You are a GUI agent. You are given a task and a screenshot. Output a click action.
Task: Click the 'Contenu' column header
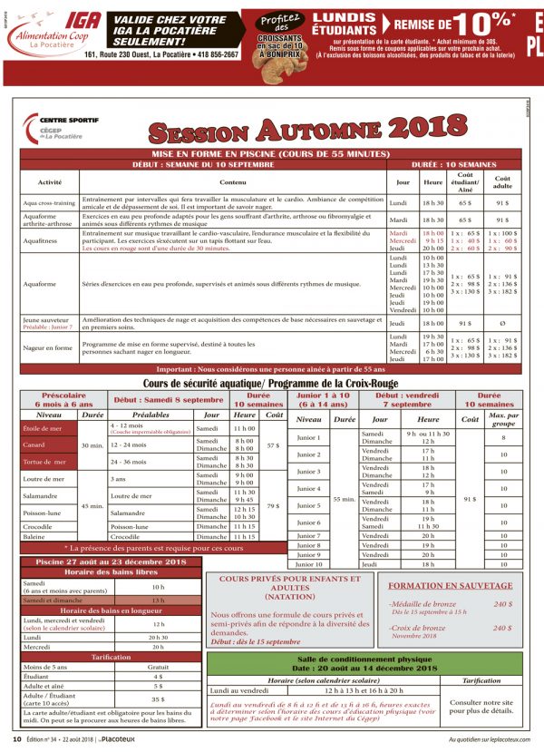231,182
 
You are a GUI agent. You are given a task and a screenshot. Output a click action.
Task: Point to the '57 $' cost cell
275,445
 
